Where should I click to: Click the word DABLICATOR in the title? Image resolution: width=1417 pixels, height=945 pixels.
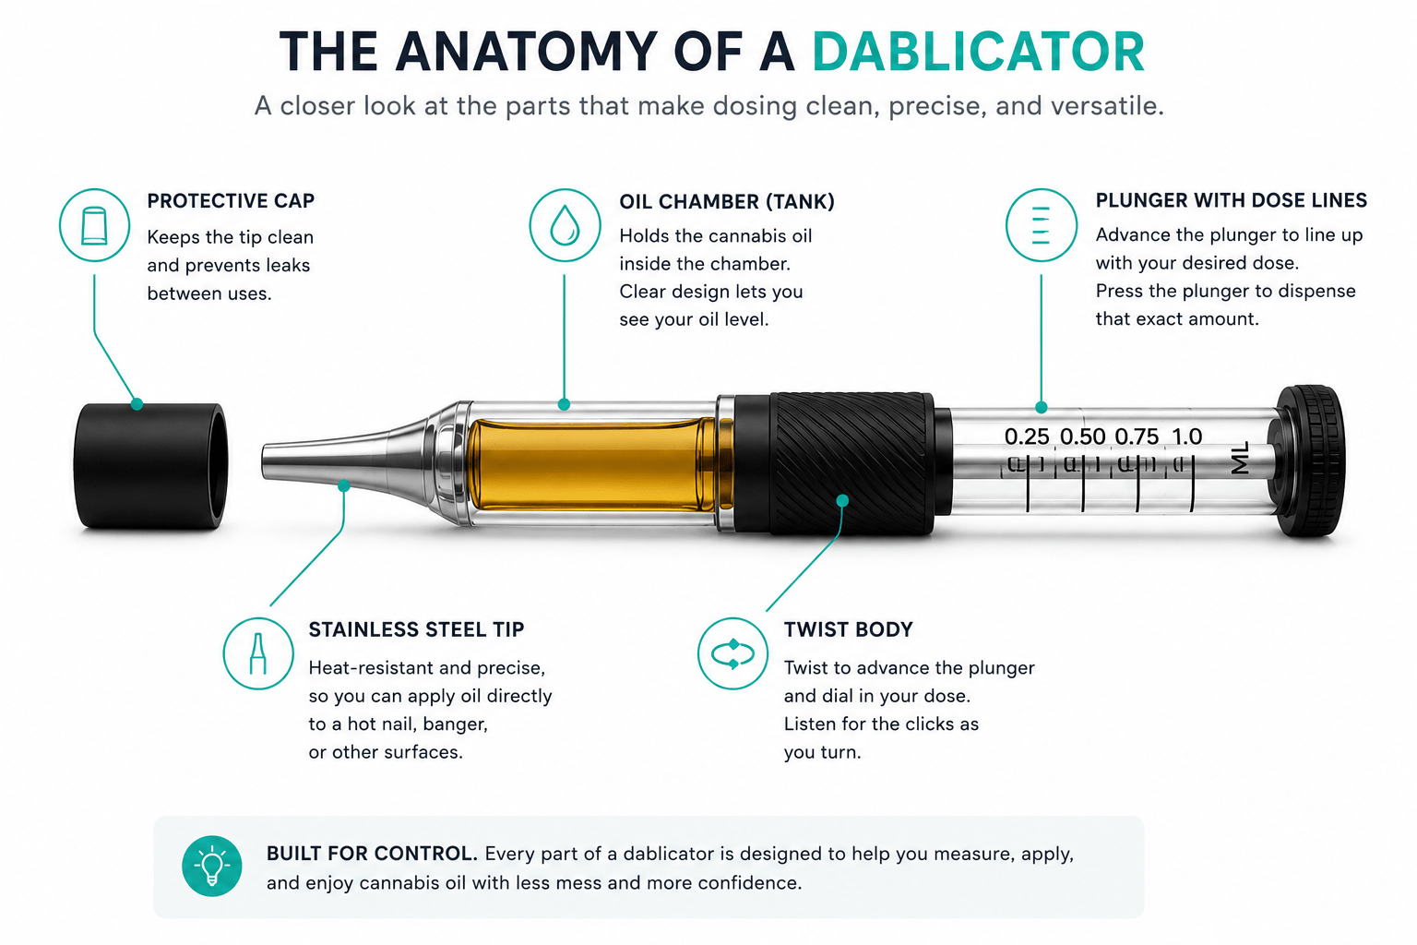978,52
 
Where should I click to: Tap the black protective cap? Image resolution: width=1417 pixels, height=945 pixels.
150,465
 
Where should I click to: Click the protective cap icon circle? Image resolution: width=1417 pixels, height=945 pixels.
95,224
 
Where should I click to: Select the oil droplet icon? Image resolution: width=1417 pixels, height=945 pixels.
565,224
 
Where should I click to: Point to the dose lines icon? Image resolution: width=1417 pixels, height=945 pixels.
1042,224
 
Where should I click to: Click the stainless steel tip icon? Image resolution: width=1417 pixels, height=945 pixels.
258,653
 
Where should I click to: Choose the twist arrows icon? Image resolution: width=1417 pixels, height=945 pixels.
733,653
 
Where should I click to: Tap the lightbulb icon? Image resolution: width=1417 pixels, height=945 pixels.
212,866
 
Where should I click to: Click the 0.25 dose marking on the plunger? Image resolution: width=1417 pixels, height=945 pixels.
1027,437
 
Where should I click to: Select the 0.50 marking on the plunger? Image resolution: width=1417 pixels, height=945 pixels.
1082,437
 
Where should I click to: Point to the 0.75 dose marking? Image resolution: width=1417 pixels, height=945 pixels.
1137,437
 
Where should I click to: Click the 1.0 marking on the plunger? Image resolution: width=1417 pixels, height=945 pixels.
1186,437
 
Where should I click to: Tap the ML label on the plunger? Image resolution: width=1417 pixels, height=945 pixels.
1241,458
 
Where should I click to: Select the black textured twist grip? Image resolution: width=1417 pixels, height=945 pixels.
851,464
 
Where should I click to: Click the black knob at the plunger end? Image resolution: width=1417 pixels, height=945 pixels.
1308,461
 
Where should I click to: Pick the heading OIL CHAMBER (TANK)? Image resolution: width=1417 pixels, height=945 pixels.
727,202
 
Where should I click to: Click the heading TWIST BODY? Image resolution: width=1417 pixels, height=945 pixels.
849,629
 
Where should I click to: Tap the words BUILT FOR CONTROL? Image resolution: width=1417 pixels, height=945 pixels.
372,854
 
